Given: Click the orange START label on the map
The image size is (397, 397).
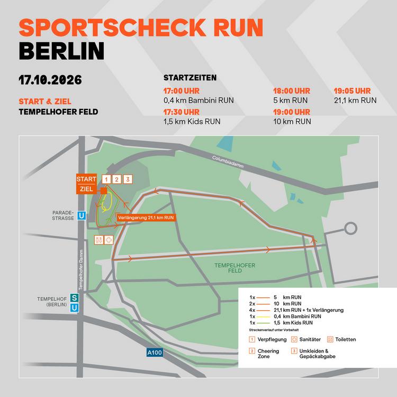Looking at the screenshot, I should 86,178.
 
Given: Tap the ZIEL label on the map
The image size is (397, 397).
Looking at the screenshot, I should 86,188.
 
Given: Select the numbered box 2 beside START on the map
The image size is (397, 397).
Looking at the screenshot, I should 117,179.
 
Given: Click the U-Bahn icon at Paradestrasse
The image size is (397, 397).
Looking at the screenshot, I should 82,215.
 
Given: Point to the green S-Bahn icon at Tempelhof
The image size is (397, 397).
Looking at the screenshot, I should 75,298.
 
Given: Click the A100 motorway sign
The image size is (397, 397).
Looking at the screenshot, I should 155,351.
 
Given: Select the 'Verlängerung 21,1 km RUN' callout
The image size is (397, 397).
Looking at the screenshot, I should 145,217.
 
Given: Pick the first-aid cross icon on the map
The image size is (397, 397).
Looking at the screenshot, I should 109,239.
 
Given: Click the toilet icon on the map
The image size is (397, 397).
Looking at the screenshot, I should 99,239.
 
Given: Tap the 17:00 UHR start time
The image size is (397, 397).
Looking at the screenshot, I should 182,91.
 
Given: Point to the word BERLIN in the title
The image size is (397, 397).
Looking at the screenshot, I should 61,50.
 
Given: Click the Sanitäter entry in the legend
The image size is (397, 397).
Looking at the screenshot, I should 301,339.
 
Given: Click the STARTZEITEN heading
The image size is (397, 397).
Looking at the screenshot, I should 190,77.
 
